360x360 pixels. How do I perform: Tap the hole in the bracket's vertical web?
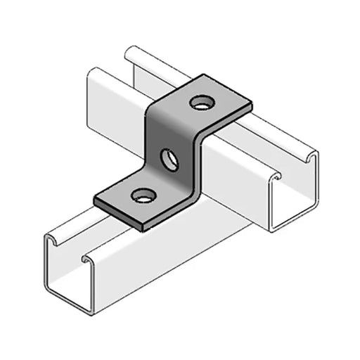[169, 159]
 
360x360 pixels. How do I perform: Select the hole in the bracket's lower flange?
[143, 195]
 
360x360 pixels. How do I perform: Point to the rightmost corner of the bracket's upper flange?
[251, 107]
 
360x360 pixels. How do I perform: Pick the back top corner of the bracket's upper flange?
[209, 74]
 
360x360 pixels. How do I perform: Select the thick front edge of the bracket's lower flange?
[120, 214]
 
